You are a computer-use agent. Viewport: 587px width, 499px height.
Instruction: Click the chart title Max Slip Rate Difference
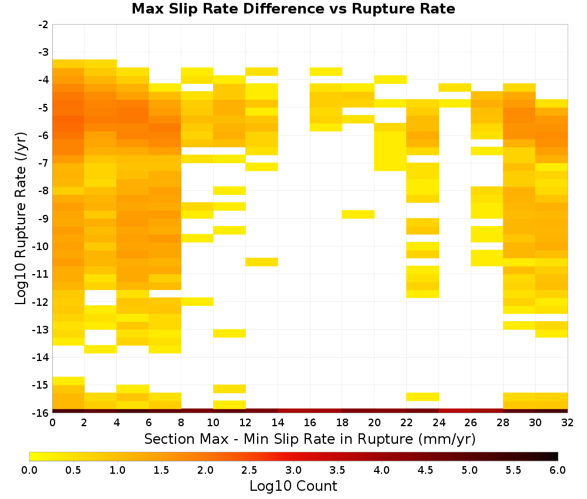click(228, 8)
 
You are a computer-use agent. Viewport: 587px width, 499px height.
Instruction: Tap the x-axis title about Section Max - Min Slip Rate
click(309, 439)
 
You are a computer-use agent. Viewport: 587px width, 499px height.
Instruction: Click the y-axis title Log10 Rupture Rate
click(21, 218)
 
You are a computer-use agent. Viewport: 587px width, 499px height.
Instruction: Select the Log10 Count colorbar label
click(293, 486)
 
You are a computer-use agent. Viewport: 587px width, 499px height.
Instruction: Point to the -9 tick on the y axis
click(43, 218)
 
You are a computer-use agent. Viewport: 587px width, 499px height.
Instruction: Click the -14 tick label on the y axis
click(41, 357)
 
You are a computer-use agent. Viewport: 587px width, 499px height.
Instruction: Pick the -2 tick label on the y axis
click(43, 25)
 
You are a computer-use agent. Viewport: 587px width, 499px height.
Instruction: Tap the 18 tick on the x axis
click(342, 423)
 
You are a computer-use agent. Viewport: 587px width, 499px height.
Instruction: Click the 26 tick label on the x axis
click(471, 423)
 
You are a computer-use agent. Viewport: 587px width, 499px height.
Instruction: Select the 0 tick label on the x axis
click(52, 423)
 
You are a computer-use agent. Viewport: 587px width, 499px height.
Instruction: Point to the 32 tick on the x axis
click(567, 423)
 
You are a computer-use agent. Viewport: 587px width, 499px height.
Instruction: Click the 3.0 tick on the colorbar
click(293, 470)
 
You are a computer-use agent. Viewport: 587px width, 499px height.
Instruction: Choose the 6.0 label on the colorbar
click(558, 470)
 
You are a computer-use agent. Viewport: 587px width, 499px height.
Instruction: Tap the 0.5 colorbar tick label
click(73, 470)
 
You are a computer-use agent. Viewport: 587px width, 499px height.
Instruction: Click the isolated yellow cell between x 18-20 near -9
click(358, 214)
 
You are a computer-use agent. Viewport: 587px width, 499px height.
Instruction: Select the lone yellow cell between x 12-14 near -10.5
click(262, 262)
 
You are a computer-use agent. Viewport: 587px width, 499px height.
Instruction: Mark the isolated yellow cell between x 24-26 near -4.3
click(454, 87)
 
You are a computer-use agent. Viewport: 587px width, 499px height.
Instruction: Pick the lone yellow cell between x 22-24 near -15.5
click(423, 397)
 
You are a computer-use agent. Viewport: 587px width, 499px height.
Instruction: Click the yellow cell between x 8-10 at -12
click(197, 301)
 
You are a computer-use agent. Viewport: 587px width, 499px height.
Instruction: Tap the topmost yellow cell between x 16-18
click(326, 72)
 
